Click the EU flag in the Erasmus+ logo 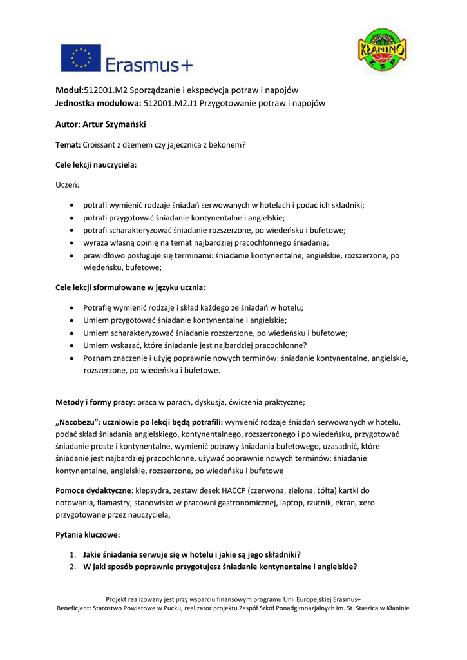[81, 57]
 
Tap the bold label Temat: [68, 145]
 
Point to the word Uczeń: [68, 185]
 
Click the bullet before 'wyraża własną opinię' [70, 243]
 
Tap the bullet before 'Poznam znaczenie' [70, 358]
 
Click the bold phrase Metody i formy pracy [94, 403]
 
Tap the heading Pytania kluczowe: [88, 535]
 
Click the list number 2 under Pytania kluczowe [73, 567]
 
